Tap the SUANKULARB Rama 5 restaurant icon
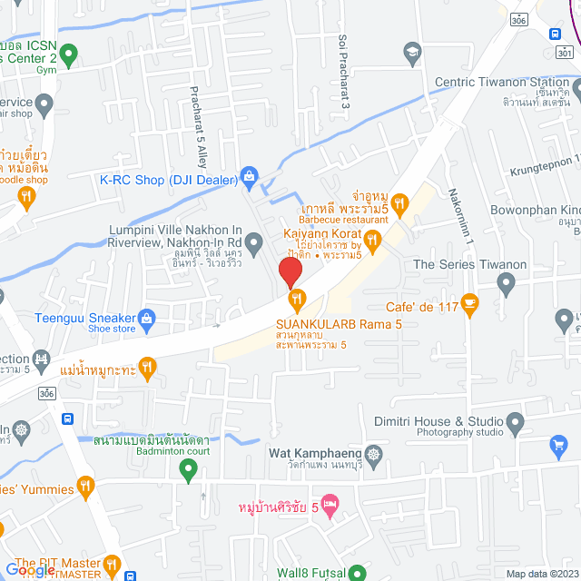click(295, 298)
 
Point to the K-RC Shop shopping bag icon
click(249, 180)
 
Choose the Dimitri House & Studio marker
click(516, 421)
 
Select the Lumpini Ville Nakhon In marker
click(254, 241)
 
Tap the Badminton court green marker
click(188, 470)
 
